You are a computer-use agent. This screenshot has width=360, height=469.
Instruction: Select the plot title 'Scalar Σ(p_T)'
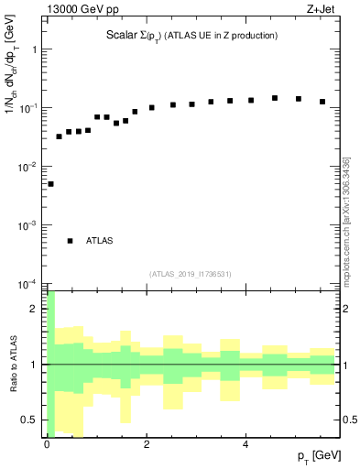click(x=131, y=35)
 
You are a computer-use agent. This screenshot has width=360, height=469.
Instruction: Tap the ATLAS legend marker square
click(x=70, y=241)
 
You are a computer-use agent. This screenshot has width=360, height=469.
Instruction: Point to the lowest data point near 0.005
click(x=50, y=184)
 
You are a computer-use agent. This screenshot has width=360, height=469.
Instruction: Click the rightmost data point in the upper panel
click(x=322, y=102)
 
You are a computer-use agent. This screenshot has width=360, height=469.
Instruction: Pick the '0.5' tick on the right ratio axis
click(x=348, y=420)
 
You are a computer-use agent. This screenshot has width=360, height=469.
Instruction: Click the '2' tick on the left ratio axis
click(x=35, y=309)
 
